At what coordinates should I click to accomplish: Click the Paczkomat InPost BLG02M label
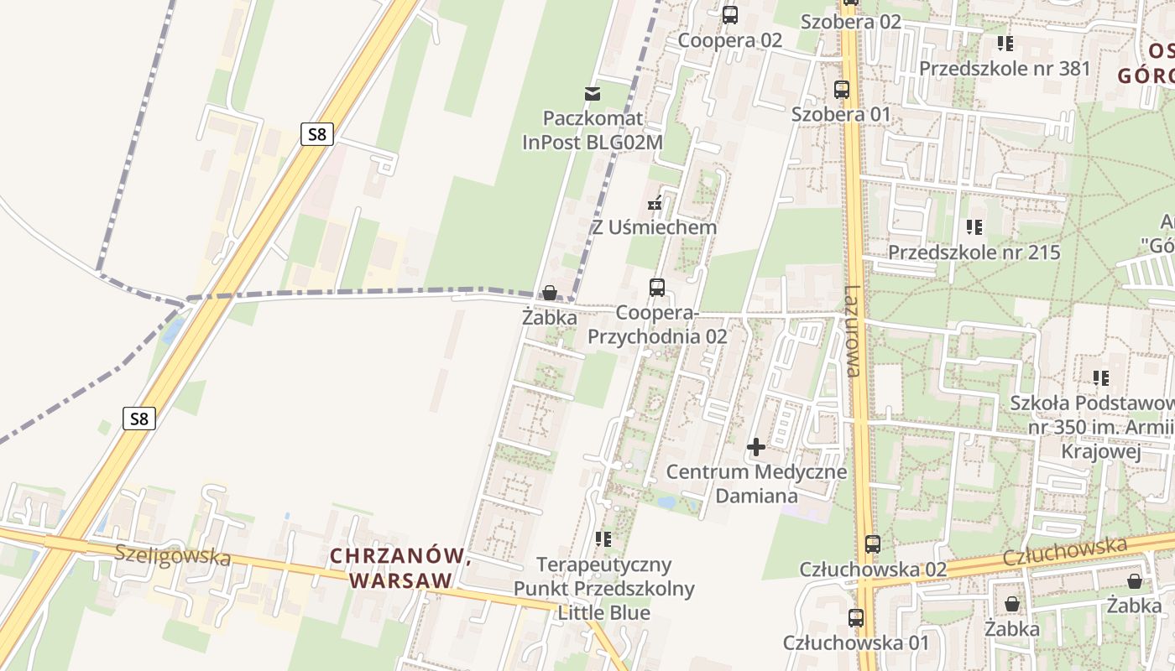(x=593, y=130)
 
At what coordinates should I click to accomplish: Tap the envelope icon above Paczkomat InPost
(x=593, y=93)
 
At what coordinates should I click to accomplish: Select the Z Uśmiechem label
(x=655, y=227)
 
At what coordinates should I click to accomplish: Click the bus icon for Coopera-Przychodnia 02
(x=657, y=288)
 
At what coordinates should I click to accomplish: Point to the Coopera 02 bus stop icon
(x=730, y=14)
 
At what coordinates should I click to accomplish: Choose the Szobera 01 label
(x=841, y=114)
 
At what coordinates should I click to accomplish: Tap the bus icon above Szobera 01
(x=842, y=90)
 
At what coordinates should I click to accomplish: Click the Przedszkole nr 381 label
(x=1005, y=69)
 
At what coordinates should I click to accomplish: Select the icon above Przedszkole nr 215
(x=974, y=226)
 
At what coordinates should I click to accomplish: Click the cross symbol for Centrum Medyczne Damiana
(x=756, y=447)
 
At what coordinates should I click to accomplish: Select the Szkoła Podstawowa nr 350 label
(x=1091, y=428)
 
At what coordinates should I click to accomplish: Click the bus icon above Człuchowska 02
(x=873, y=544)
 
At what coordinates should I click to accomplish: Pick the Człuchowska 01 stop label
(x=856, y=643)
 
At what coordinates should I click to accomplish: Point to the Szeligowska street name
(x=172, y=555)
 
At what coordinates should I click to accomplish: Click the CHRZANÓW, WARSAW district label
(x=399, y=568)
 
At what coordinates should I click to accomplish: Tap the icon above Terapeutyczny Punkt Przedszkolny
(x=603, y=538)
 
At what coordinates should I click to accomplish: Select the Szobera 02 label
(x=851, y=22)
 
